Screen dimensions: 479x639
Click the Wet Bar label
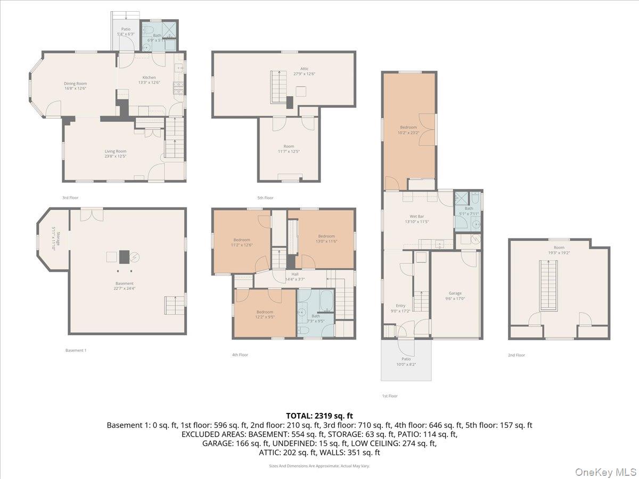pos(416,219)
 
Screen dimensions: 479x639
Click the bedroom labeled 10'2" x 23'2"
pos(408,130)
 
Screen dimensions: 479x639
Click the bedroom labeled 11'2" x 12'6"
pos(241,242)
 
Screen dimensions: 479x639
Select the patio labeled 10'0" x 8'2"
pos(406,362)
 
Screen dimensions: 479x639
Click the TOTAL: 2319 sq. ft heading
pos(319,416)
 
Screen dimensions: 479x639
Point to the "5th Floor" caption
pos(265,198)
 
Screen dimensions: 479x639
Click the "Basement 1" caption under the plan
pos(76,350)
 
